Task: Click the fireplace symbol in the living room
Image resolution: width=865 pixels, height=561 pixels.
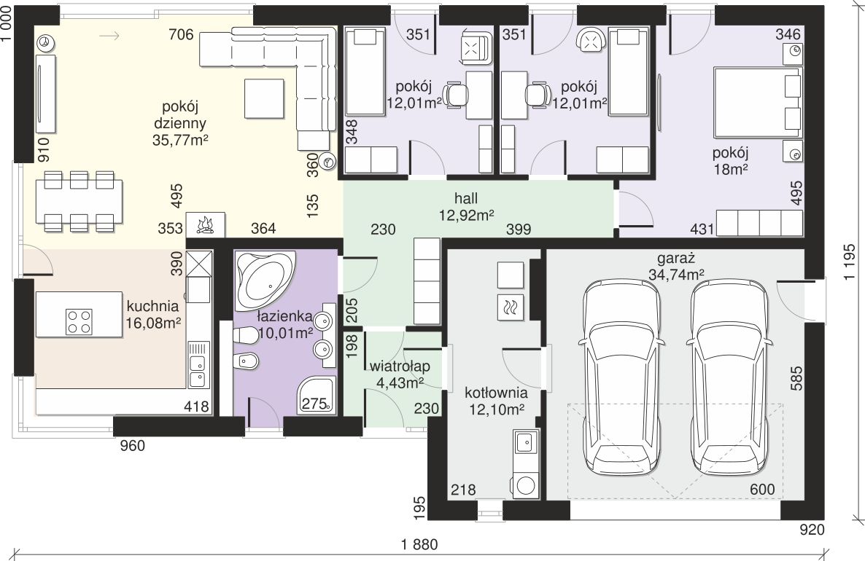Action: point(205,225)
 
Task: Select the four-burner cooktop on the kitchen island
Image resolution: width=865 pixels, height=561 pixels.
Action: point(79,322)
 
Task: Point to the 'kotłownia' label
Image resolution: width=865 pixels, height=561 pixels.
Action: point(496,393)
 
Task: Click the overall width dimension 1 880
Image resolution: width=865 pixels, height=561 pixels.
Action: point(419,544)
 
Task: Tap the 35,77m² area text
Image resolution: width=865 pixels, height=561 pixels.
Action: point(180,140)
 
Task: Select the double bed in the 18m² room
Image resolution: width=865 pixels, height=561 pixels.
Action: point(758,103)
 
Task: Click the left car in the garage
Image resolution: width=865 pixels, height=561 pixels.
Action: point(621,378)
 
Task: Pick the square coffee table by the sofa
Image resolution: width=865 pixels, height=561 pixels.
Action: point(264,98)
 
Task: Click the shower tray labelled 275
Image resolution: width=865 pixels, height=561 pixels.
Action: point(317,395)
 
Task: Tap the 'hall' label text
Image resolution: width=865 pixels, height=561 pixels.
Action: point(466,198)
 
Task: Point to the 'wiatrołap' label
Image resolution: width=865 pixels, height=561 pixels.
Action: point(400,366)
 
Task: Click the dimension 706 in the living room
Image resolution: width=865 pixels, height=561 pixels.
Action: point(181,35)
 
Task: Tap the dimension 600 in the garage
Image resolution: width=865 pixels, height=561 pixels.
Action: point(762,490)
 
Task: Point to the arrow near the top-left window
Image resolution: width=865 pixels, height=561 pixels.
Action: point(109,36)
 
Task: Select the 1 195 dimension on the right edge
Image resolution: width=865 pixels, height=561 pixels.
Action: point(849,262)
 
